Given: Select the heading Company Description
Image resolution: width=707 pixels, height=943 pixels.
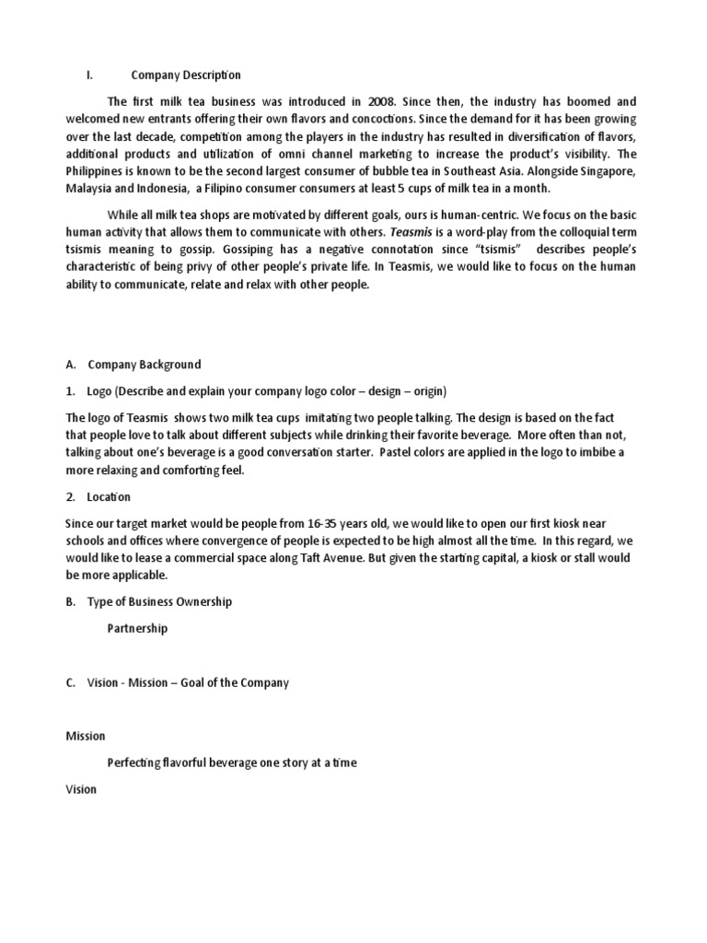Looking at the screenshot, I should (x=186, y=76).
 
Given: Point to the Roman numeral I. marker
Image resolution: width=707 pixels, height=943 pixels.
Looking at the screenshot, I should (x=77, y=76).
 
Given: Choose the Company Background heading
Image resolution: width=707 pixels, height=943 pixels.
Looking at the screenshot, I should (x=145, y=365).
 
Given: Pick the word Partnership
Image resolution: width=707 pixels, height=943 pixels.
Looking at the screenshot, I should (x=138, y=629).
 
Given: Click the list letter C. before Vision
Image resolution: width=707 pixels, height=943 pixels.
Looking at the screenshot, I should (x=71, y=682).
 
